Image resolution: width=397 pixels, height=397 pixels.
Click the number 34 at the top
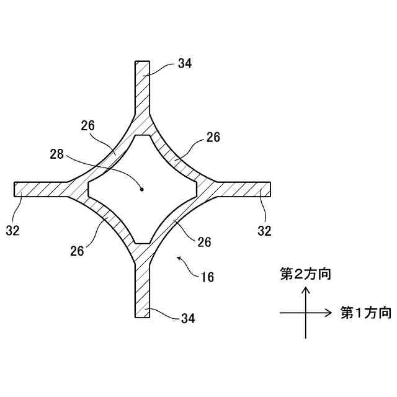click(x=184, y=63)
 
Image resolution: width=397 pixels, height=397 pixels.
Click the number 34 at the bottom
click(x=188, y=318)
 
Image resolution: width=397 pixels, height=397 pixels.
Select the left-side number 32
click(x=13, y=230)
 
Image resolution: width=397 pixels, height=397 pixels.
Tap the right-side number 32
click(x=265, y=230)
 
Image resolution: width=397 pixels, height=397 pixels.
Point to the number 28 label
click(x=58, y=153)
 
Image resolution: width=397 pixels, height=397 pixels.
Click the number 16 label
click(x=207, y=277)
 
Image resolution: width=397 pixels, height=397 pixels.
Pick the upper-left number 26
click(x=87, y=125)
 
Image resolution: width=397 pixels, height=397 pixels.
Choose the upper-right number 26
click(x=213, y=137)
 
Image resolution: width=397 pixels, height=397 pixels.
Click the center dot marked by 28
click(x=141, y=189)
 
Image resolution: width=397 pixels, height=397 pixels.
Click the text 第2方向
click(x=305, y=274)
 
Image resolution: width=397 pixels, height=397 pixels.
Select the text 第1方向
click(x=365, y=313)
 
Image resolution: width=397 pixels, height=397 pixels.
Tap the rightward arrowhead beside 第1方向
click(x=332, y=313)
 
